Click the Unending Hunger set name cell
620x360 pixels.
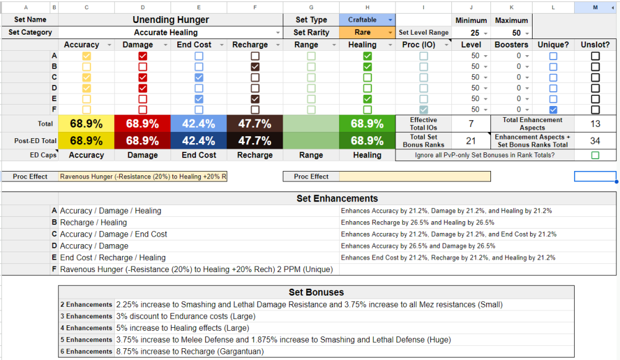click(x=171, y=20)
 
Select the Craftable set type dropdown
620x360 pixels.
click(x=366, y=20)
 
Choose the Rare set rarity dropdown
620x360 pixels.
click(x=366, y=32)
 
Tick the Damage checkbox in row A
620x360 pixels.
click(x=143, y=56)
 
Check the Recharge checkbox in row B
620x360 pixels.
click(x=255, y=66)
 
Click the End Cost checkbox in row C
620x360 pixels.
click(x=198, y=77)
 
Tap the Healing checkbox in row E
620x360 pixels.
click(x=367, y=99)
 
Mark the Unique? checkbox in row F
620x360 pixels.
click(x=553, y=109)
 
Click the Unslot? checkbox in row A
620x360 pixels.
click(x=595, y=56)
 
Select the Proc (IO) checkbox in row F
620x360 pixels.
click(x=423, y=109)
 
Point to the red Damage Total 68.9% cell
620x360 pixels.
click(x=143, y=124)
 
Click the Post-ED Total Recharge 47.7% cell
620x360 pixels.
click(x=254, y=141)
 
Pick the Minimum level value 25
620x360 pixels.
click(x=475, y=33)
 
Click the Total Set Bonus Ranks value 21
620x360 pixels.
click(x=471, y=141)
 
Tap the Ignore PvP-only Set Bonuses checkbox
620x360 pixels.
click(x=595, y=155)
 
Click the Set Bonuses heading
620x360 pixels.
click(x=316, y=292)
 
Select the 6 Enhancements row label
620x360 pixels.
click(x=86, y=351)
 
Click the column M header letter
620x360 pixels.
click(x=595, y=7)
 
